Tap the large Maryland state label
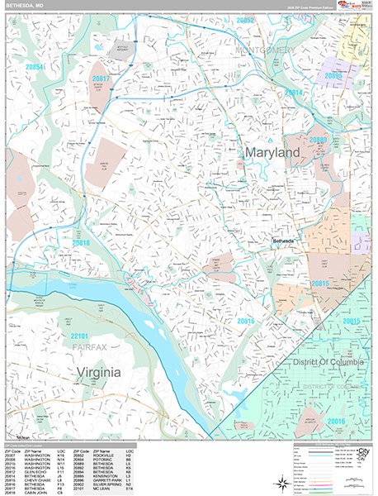pos(271,154)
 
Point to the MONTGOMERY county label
pos(265,51)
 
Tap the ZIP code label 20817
pos(101,79)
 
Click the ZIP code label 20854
pos(34,66)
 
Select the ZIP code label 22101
pos(79,336)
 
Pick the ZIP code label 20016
pos(336,422)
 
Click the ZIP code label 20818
pos(81,243)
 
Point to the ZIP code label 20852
pos(245,19)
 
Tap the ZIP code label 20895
pos(333,75)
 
